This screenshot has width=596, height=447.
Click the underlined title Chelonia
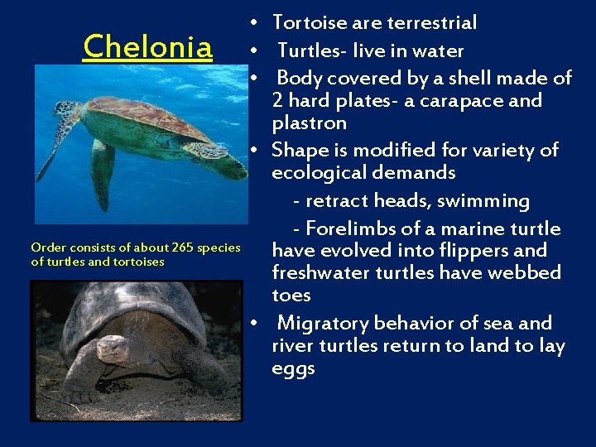pos(147,46)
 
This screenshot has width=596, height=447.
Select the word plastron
pos(309,123)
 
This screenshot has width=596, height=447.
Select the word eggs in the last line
pos(293,368)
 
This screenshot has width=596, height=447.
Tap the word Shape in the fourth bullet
pos(296,151)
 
